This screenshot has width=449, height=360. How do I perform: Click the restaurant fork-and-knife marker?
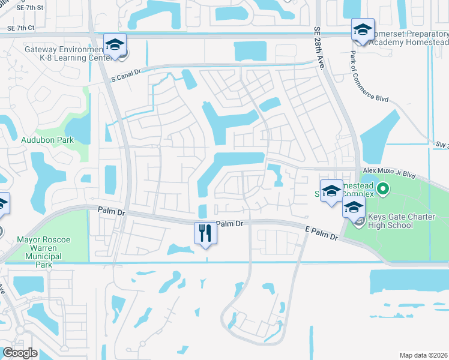coord(205,233)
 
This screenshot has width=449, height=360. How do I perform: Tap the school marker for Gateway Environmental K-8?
coord(115,44)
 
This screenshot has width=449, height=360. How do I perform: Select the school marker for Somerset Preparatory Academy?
coord(363,30)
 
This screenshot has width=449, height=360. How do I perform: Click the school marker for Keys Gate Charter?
coord(354,208)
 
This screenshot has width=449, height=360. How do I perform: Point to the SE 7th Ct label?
coord(19,28)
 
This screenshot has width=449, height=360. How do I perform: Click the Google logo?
coord(19,353)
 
